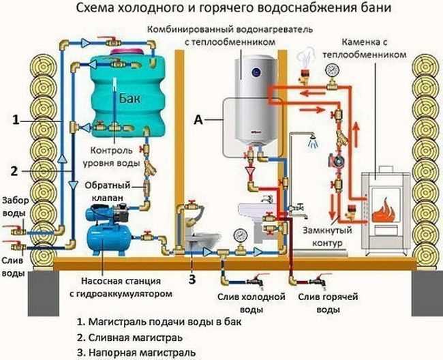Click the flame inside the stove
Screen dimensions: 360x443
(x=382, y=205)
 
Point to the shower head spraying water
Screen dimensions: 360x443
(x=311, y=143)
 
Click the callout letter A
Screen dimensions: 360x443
(x=198, y=119)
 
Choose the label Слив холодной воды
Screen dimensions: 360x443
(x=249, y=303)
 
